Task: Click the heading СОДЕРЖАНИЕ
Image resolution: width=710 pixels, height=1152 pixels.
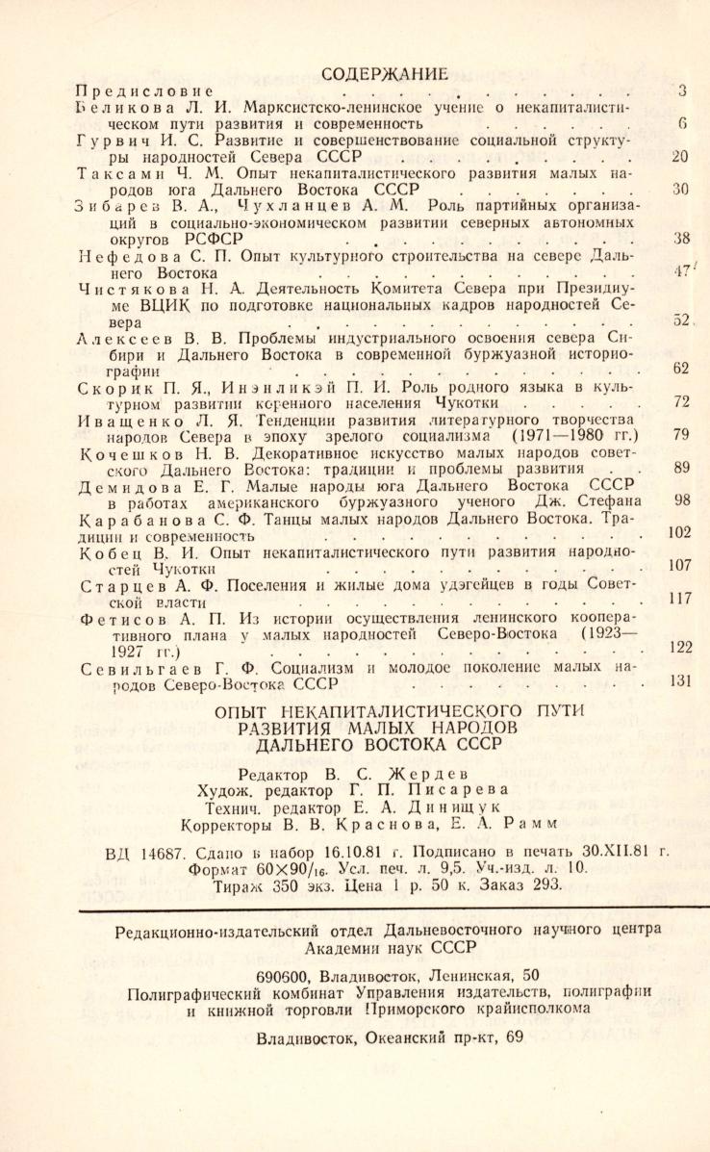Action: point(385,72)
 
